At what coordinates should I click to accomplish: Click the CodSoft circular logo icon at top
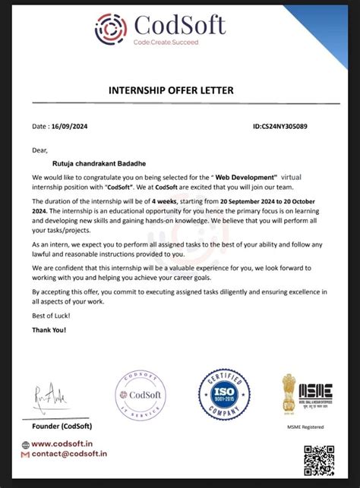tap(111, 30)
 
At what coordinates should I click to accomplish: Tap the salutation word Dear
tap(39, 150)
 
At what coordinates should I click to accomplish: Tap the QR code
tap(319, 460)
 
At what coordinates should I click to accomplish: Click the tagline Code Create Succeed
tap(165, 43)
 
